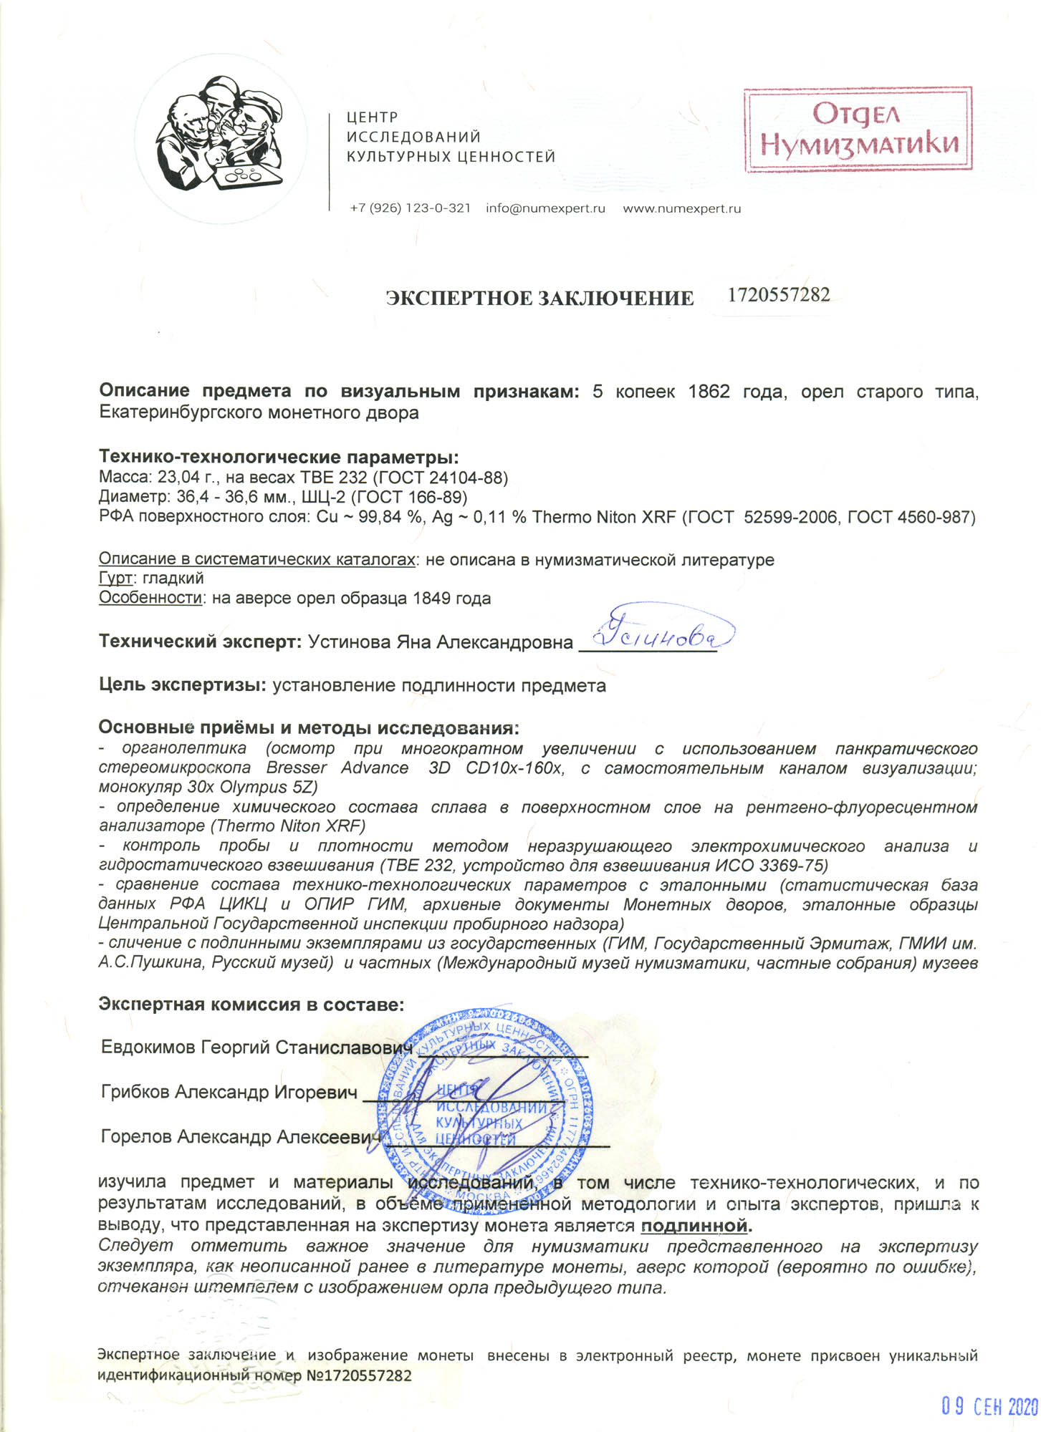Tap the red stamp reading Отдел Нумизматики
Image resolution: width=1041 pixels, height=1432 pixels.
[858, 130]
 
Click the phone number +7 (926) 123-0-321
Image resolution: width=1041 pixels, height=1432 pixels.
[410, 209]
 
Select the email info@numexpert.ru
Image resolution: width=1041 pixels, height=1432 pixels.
[545, 209]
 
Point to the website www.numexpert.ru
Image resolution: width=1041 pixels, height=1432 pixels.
[681, 209]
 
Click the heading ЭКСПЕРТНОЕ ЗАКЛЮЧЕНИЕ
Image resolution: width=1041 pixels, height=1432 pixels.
[539, 298]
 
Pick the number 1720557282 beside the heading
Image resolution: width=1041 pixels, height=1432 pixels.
[779, 295]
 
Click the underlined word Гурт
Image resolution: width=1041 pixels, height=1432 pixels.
[115, 578]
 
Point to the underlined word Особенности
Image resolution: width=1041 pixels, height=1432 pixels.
[150, 598]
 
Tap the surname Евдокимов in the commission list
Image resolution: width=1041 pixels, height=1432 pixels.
[148, 1048]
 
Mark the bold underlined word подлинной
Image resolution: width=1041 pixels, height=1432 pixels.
[694, 1226]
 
